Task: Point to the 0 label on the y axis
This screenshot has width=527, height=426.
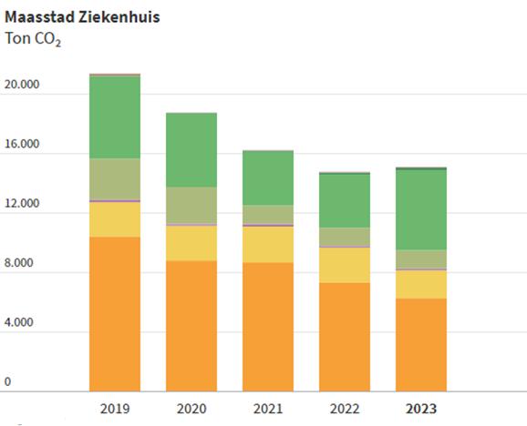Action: pos(8,382)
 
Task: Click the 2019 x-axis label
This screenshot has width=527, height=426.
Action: pos(114,408)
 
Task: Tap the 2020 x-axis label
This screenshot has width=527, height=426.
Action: pos(191,408)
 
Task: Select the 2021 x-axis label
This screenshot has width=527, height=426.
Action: pos(267,408)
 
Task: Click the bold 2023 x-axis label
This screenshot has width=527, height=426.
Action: pos(420,408)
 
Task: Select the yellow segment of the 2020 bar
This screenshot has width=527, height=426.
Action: pos(191,243)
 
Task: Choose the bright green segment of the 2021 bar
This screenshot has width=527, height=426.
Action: pos(267,177)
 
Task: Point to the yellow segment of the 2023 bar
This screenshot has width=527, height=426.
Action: pos(420,284)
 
